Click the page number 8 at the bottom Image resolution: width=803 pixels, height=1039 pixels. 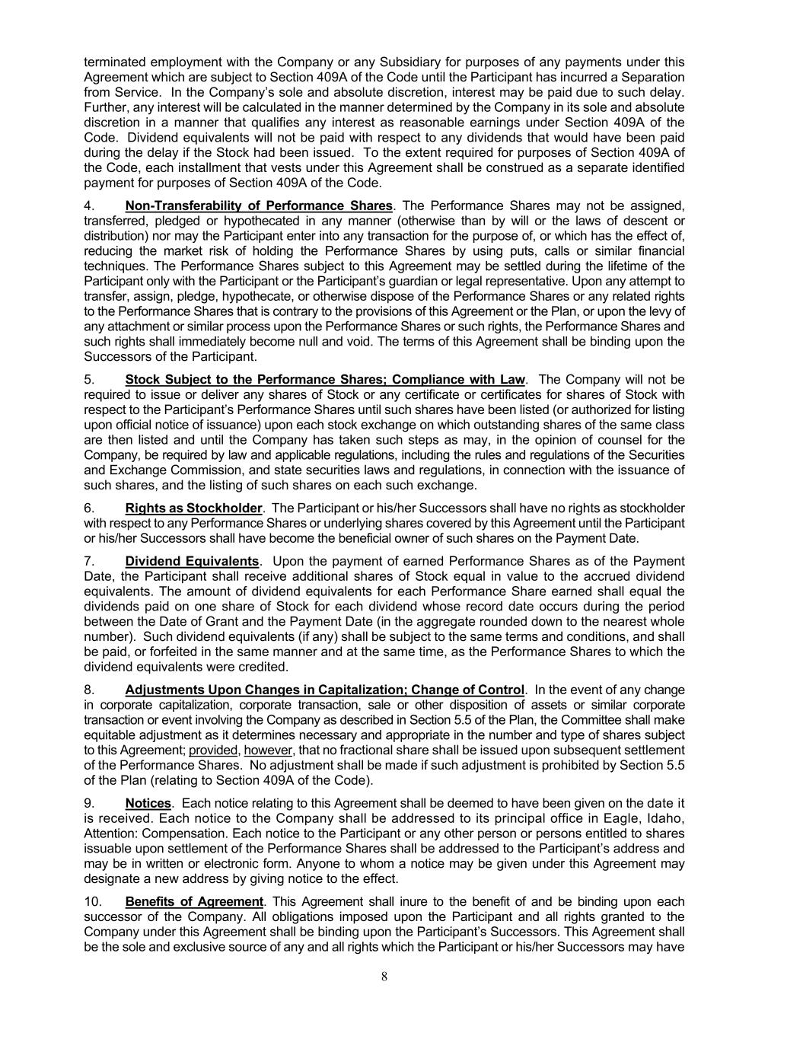(x=384, y=977)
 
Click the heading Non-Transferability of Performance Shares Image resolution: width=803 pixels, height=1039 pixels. (x=259, y=206)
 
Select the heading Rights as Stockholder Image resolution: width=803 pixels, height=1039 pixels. (x=193, y=508)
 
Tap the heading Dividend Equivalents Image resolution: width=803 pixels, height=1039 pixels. (x=192, y=561)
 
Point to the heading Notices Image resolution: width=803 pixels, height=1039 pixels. (x=148, y=803)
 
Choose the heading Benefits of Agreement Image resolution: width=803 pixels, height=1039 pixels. (x=194, y=902)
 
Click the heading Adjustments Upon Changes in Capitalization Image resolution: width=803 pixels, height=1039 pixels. (x=324, y=690)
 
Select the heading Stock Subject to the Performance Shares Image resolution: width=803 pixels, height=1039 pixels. (x=325, y=379)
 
